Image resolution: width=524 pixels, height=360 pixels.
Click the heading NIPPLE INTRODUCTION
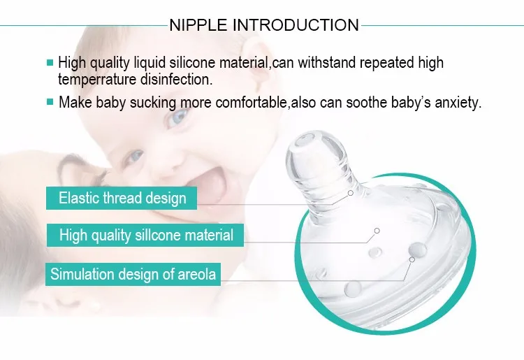click(264, 25)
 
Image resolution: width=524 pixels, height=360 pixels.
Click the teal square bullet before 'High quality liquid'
click(50, 62)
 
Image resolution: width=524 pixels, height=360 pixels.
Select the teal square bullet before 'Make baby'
click(50, 101)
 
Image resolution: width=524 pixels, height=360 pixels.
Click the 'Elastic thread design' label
click(122, 199)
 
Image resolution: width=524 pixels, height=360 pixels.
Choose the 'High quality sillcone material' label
click(145, 235)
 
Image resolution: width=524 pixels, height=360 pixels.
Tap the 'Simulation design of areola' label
click(133, 274)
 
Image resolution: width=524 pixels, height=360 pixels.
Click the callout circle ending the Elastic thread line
click(351, 193)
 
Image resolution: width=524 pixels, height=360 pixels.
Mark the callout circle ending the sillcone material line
click(377, 231)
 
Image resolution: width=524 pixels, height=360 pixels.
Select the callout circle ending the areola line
click(412, 259)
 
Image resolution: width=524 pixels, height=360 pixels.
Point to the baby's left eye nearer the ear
click(177, 117)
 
